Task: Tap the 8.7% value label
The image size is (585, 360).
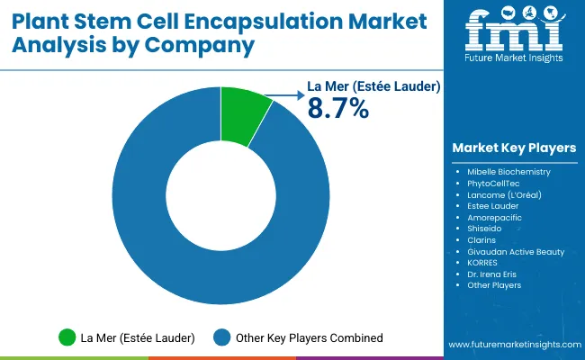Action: click(x=338, y=109)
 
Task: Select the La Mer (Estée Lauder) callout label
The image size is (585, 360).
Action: click(x=374, y=87)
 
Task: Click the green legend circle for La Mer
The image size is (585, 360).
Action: click(x=67, y=337)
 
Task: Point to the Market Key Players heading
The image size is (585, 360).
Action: click(x=514, y=148)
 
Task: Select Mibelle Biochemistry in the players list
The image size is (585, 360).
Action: click(x=508, y=171)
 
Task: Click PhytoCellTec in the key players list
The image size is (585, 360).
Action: click(x=494, y=183)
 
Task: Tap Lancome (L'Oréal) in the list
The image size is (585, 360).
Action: click(x=504, y=194)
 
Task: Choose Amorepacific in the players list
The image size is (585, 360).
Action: click(x=494, y=217)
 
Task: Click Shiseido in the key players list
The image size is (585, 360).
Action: click(x=487, y=229)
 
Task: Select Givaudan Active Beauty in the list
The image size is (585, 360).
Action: click(x=516, y=252)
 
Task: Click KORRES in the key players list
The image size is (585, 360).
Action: click(x=484, y=263)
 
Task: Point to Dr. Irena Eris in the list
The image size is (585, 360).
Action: click(x=491, y=274)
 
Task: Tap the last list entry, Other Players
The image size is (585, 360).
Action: click(x=494, y=285)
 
